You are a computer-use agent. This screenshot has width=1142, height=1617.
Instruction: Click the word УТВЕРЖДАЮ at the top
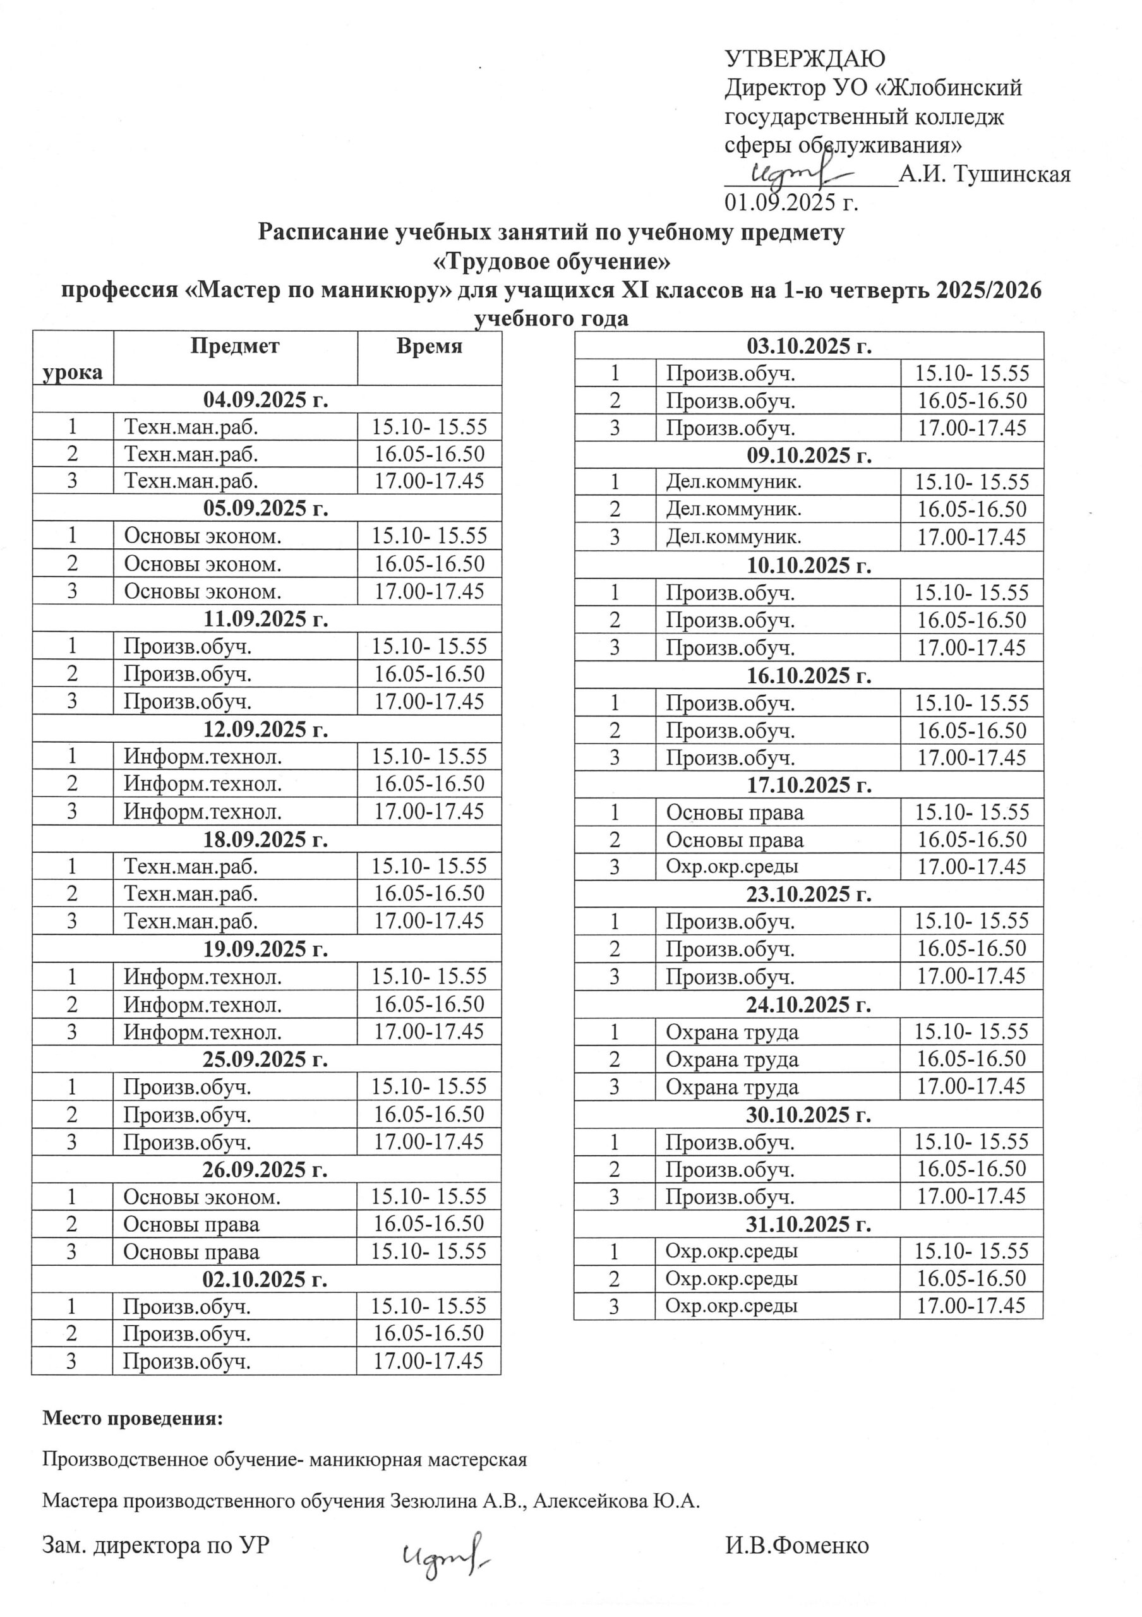coord(805,59)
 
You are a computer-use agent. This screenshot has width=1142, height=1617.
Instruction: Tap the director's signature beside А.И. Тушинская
coord(803,173)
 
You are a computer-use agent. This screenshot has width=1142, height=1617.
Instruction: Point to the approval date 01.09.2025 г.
coord(791,203)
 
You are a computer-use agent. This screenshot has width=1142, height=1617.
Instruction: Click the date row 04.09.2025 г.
coord(265,399)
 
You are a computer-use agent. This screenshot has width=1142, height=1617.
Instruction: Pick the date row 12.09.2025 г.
coord(265,729)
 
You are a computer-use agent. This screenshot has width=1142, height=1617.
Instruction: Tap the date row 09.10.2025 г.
coord(808,455)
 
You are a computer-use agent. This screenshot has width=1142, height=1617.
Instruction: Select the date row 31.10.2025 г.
coord(808,1224)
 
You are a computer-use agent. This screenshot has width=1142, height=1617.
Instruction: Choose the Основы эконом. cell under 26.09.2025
coord(201,1196)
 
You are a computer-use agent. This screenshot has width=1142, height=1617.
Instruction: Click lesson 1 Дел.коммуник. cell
coord(733,482)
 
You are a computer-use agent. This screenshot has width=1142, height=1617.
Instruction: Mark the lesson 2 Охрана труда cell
coord(731,1059)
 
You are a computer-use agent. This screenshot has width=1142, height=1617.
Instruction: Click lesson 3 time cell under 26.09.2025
coord(428,1251)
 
